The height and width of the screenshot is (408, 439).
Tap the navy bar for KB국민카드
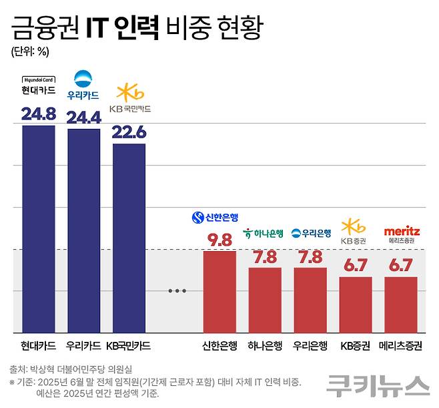click(x=129, y=238)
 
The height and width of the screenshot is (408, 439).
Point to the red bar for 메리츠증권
click(x=400, y=304)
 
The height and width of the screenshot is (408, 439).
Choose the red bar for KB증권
click(x=356, y=304)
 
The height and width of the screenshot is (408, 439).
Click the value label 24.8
click(x=39, y=114)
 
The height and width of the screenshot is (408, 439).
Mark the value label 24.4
click(x=84, y=117)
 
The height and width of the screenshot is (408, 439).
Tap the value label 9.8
click(x=220, y=239)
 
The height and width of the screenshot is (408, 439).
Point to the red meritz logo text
click(x=401, y=230)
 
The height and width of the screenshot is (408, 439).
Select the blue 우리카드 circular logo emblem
click(x=84, y=78)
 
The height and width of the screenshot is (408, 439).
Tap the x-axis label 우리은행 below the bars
click(x=310, y=346)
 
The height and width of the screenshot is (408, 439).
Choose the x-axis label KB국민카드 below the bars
click(x=129, y=346)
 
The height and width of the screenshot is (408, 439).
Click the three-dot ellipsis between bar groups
click(x=176, y=290)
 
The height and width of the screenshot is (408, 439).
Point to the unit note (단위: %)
click(x=29, y=50)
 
